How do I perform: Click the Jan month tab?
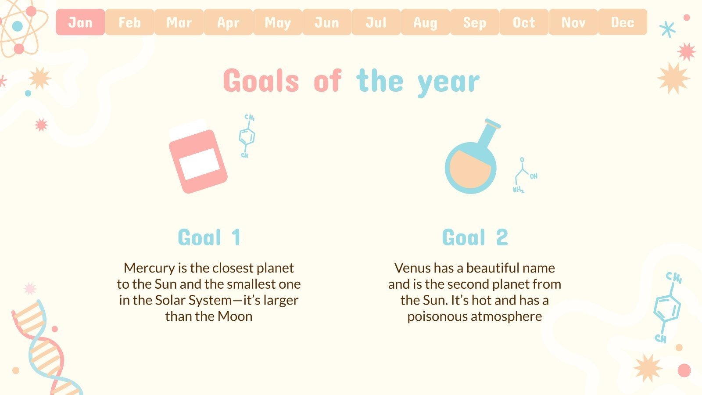pyautogui.click(x=80, y=22)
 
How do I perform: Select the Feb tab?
pyautogui.click(x=129, y=22)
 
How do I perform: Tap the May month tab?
pyautogui.click(x=277, y=22)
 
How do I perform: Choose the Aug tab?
pyautogui.click(x=425, y=22)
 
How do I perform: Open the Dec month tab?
pyautogui.click(x=623, y=22)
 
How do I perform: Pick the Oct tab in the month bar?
pyautogui.click(x=524, y=22)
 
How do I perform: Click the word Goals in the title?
pyautogui.click(x=261, y=81)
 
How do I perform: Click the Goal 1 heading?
pyautogui.click(x=209, y=237)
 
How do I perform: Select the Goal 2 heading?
pyautogui.click(x=475, y=237)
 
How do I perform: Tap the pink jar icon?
pyautogui.click(x=198, y=156)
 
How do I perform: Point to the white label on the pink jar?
pyautogui.click(x=199, y=164)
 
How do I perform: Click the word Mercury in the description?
pyautogui.click(x=149, y=268)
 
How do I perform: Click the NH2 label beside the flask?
pyautogui.click(x=518, y=190)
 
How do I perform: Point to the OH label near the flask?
pyautogui.click(x=534, y=176)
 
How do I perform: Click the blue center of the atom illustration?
pyautogui.click(x=18, y=26)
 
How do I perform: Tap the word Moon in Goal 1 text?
pyautogui.click(x=235, y=316)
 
